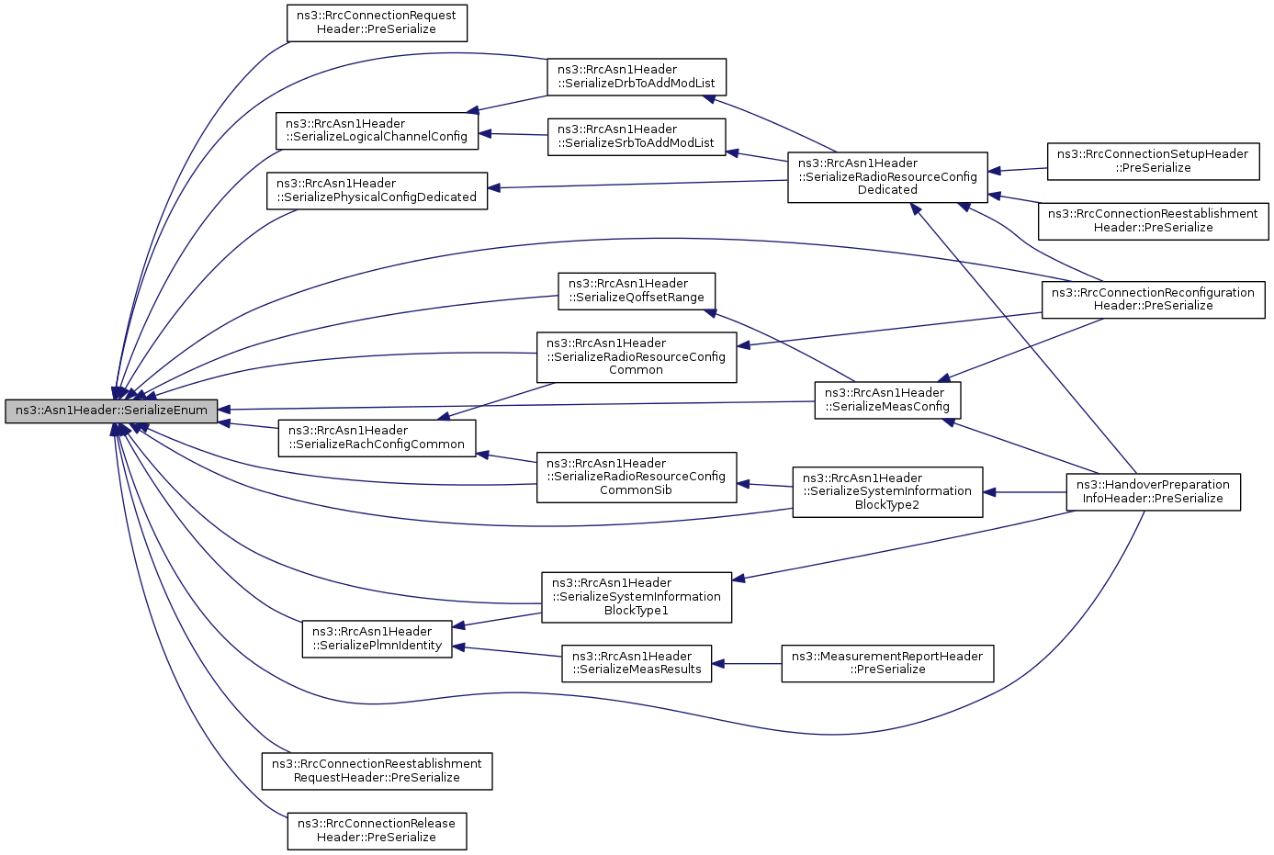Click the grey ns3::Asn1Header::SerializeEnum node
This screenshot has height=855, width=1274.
[111, 411]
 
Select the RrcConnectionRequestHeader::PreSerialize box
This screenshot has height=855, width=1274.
[378, 23]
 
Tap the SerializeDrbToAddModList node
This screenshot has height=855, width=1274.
[637, 77]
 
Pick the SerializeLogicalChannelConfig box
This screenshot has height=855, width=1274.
[377, 131]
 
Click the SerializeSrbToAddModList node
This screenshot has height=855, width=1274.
[637, 137]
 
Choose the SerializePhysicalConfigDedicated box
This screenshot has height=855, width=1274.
[378, 191]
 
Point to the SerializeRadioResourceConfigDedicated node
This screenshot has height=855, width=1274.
[888, 177]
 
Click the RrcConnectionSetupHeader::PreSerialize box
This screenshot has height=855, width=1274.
[1154, 162]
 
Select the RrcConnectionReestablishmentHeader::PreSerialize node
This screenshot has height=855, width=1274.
[1154, 221]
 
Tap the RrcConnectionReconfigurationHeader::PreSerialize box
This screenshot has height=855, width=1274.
[1154, 299]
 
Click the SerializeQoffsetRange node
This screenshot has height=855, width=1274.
[637, 292]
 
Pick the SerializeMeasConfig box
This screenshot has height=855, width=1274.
[888, 400]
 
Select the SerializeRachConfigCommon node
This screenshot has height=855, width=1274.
[378, 438]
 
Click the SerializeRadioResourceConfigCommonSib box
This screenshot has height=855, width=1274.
[637, 478]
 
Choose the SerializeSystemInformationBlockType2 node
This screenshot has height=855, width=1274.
[888, 492]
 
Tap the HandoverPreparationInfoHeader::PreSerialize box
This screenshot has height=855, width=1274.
[1154, 492]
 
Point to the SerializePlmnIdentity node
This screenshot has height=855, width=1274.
[378, 639]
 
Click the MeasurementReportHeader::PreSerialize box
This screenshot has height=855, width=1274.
[888, 663]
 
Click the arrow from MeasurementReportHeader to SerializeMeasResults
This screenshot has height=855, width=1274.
[747, 663]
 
